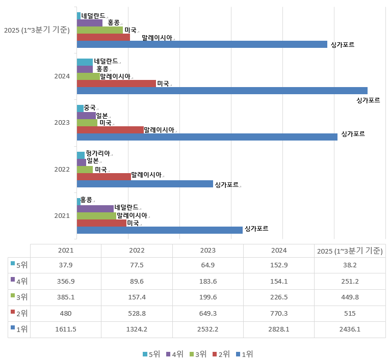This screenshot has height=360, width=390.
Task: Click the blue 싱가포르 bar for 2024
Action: coord(222,91)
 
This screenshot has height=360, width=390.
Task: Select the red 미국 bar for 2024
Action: coord(116,84)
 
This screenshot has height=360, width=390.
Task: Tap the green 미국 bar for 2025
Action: coord(100,30)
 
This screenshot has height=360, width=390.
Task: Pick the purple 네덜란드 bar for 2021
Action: coord(95,208)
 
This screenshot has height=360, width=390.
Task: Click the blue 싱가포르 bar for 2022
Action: coord(145,184)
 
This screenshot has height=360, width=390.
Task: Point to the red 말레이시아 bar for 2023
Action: coord(110,130)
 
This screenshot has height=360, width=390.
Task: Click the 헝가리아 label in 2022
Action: coord(98,153)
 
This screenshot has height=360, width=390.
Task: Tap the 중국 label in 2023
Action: coord(90,107)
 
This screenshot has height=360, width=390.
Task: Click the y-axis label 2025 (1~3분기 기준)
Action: coord(37,30)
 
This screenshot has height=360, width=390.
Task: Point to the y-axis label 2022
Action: coord(62,169)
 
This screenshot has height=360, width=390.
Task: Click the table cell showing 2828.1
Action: coord(279,329)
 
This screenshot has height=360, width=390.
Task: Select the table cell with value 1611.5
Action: coord(66,329)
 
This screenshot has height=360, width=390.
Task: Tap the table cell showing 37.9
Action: coord(66,265)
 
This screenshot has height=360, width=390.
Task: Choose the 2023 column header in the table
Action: coord(208,251)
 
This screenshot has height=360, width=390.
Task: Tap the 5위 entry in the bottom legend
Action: coord(151,354)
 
